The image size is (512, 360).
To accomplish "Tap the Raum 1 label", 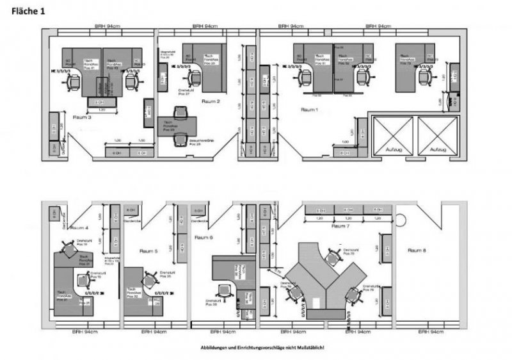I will coord(310,110).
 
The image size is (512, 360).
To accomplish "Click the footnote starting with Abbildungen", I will coord(262,347).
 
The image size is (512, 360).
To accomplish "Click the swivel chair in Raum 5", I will coord(151,280).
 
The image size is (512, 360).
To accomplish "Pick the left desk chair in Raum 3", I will coord(74,81).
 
